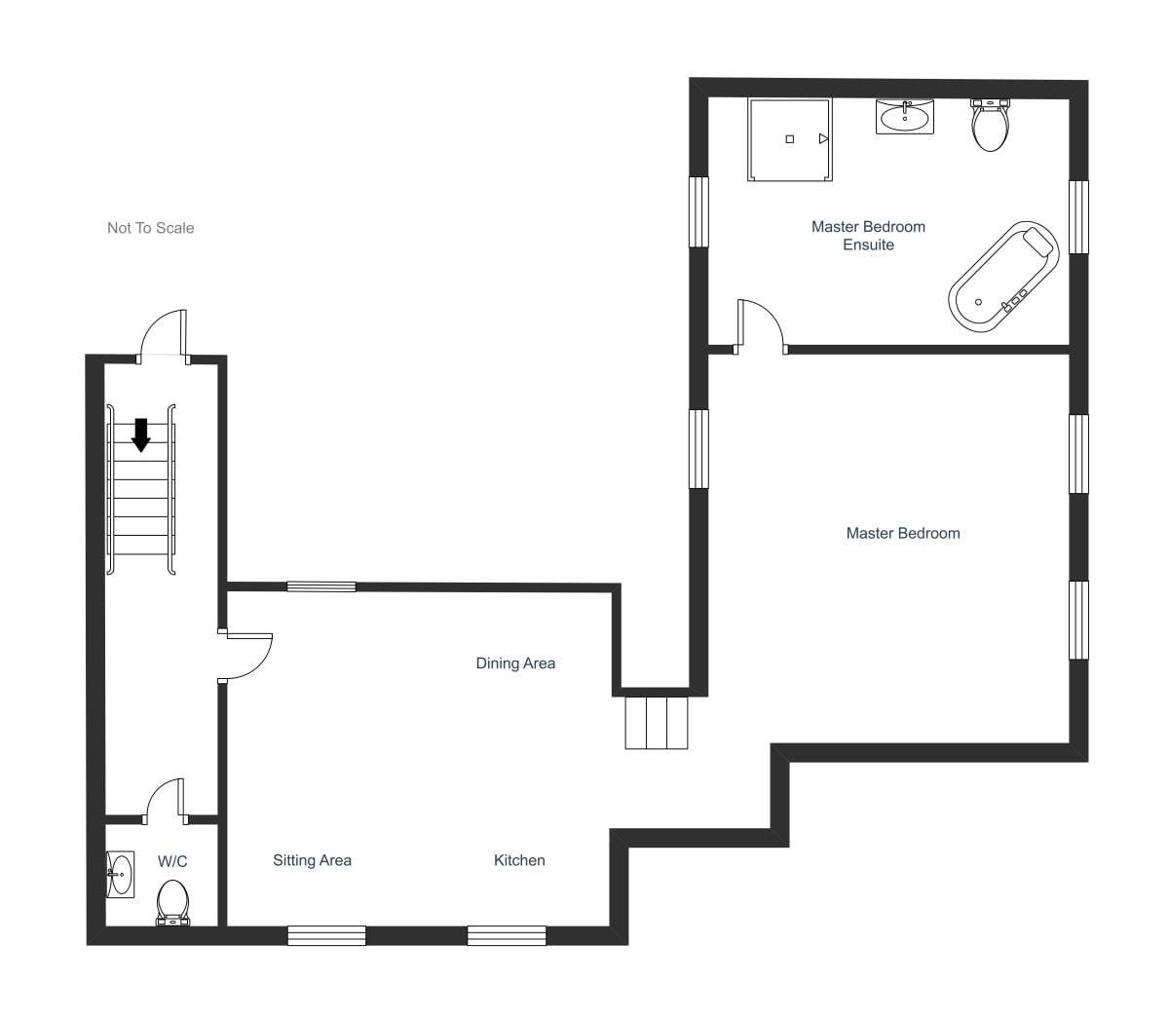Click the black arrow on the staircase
pyautogui.click(x=141, y=434)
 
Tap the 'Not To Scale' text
pyautogui.click(x=151, y=228)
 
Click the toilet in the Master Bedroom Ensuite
pyautogui.click(x=991, y=126)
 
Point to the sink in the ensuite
pyautogui.click(x=905, y=117)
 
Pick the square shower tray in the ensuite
pyautogui.click(x=790, y=139)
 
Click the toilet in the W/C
pyautogui.click(x=172, y=902)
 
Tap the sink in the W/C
pyautogui.click(x=120, y=874)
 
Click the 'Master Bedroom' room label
pyautogui.click(x=903, y=533)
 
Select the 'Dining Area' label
pyautogui.click(x=515, y=663)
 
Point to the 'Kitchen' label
pyautogui.click(x=519, y=860)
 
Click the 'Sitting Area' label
pyautogui.click(x=312, y=860)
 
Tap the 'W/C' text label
pyautogui.click(x=172, y=861)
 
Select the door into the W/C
pyautogui.click(x=164, y=799)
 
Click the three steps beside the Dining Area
pyautogui.click(x=657, y=722)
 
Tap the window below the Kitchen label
pyautogui.click(x=507, y=936)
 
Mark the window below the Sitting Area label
pyautogui.click(x=326, y=936)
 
